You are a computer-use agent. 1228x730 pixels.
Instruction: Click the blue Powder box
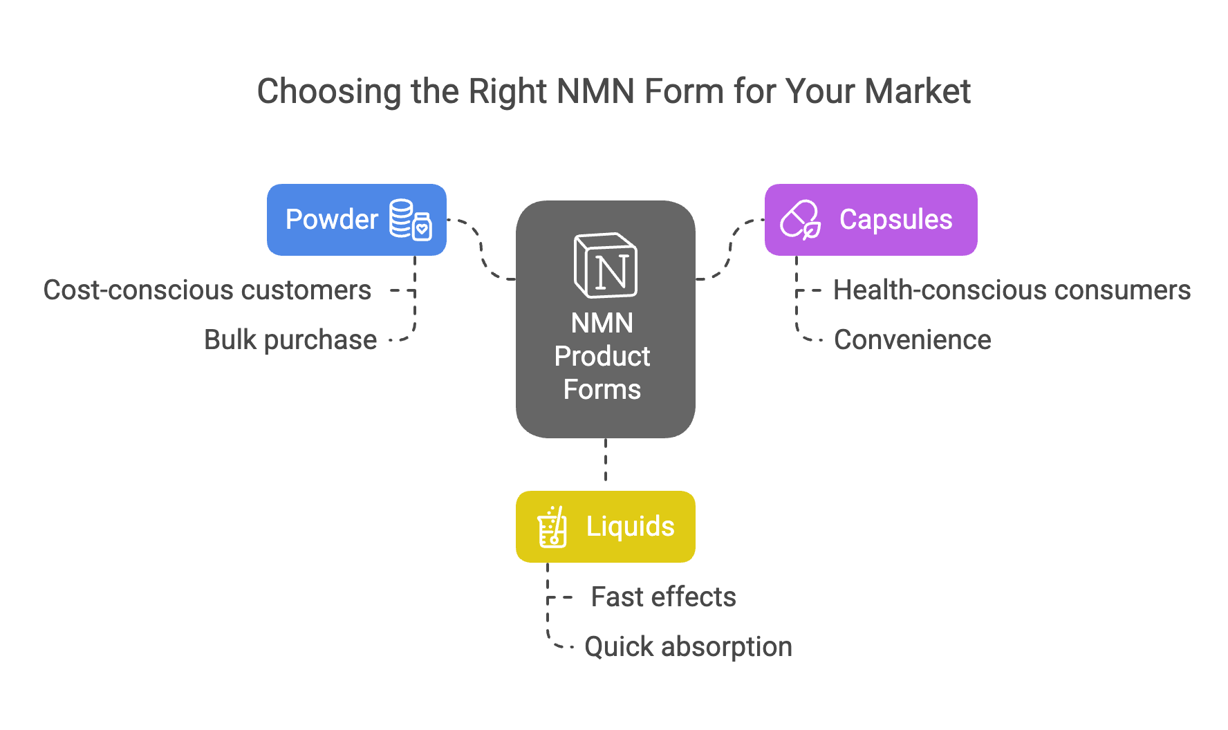click(356, 220)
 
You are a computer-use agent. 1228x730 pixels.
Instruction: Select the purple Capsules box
click(871, 220)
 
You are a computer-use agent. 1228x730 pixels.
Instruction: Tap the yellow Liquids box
click(605, 527)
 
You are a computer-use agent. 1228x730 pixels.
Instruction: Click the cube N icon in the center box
click(606, 265)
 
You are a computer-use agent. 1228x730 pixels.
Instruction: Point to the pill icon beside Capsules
click(801, 220)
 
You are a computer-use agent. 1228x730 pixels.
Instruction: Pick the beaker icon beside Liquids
click(552, 527)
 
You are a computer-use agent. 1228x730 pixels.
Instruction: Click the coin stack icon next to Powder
click(411, 220)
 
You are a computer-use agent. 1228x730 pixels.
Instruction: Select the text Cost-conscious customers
click(207, 290)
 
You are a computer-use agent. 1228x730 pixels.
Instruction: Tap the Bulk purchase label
click(290, 340)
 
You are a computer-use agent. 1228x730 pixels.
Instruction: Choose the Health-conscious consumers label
click(1012, 290)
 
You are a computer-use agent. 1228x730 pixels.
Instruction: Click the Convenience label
click(913, 340)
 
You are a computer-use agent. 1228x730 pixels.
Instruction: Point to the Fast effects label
click(664, 597)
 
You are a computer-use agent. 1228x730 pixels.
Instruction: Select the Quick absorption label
click(689, 647)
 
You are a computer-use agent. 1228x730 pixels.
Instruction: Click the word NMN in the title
click(595, 91)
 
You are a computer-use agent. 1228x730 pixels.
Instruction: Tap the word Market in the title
click(918, 91)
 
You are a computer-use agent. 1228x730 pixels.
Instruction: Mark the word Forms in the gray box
click(602, 389)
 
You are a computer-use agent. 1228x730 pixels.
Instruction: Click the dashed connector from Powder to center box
click(481, 248)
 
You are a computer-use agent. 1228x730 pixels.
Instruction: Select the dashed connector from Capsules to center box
click(730, 248)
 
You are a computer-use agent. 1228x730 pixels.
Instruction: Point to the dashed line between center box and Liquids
click(606, 459)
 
